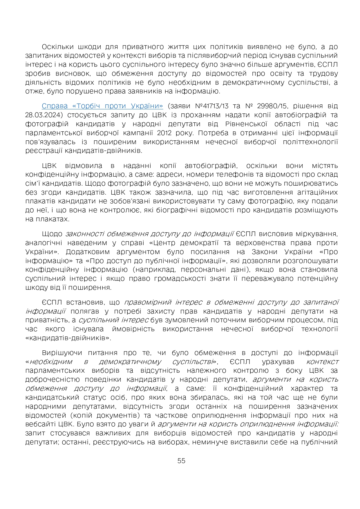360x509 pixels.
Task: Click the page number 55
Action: click(x=181, y=461)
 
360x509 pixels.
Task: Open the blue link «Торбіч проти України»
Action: click(x=102, y=106)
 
